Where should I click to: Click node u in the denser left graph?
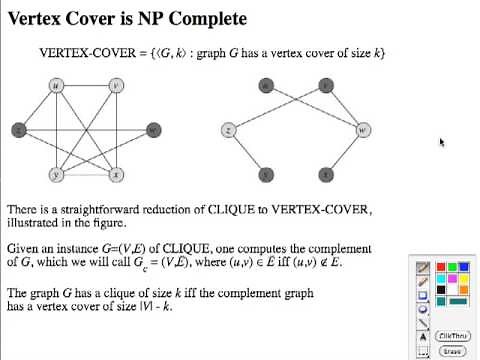tap(57, 86)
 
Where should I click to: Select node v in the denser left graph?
tap(117, 86)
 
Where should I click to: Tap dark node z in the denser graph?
tap(18, 130)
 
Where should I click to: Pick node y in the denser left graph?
tap(57, 175)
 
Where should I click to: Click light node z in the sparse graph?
tap(229, 130)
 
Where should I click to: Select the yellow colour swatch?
tap(441, 279)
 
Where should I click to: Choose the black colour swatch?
tap(441, 290)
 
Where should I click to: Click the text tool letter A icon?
tap(423, 337)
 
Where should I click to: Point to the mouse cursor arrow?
tap(440, 141)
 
